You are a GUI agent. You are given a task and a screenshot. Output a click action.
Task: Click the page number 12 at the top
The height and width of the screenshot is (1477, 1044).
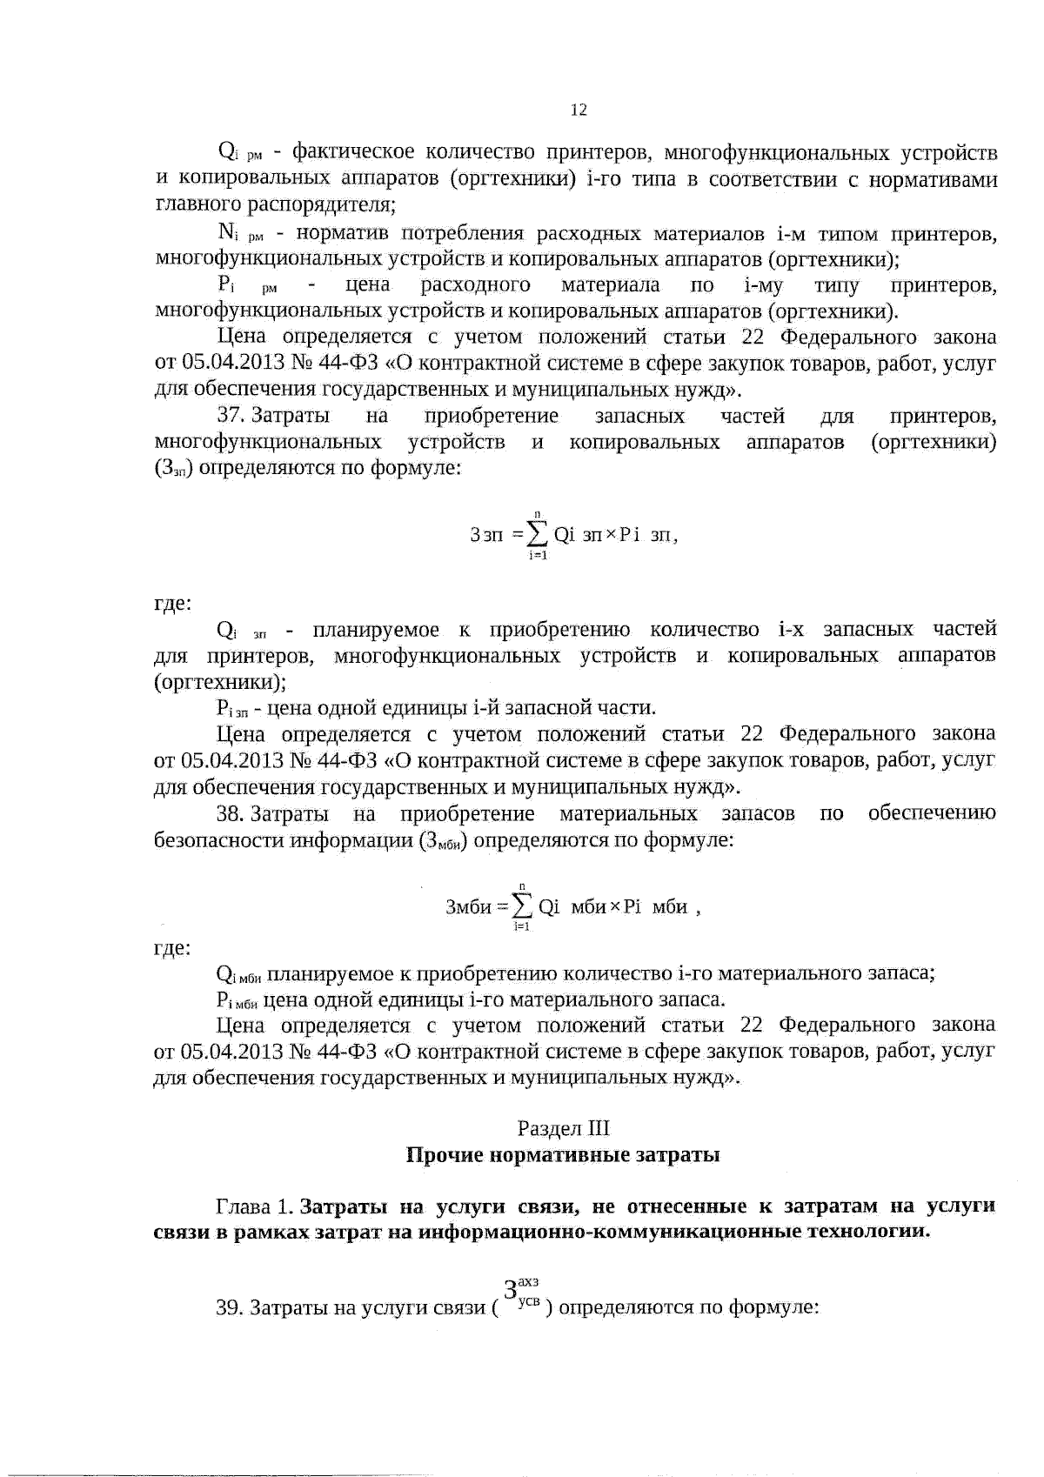click(x=579, y=110)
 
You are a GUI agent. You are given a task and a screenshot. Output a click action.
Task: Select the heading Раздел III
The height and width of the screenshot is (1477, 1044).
click(x=563, y=1128)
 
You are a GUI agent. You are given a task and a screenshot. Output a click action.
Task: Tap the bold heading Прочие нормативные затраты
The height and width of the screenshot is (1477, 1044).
click(x=563, y=1155)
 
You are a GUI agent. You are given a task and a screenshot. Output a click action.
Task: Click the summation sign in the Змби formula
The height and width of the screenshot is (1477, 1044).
click(x=523, y=907)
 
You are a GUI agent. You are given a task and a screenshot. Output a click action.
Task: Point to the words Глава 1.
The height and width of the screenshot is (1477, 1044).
click(x=254, y=1206)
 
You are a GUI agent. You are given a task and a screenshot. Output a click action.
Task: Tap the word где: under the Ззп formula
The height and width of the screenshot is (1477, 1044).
click(x=172, y=603)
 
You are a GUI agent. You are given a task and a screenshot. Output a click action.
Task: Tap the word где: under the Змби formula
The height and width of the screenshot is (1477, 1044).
click(x=172, y=947)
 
